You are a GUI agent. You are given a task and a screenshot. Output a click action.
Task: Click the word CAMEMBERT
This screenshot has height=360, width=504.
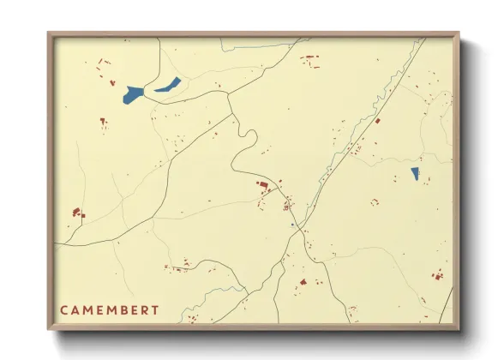(x=109, y=309)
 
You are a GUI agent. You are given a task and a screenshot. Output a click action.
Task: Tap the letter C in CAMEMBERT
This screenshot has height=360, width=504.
(x=64, y=309)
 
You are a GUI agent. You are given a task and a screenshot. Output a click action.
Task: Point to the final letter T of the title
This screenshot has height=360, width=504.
(x=154, y=309)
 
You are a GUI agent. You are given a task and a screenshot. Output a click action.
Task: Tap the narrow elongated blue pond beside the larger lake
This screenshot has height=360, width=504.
(x=168, y=84)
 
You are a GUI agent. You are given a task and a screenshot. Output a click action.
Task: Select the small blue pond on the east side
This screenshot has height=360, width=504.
(x=415, y=173)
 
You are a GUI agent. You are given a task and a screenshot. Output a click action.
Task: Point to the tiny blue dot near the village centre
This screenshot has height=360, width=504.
(x=292, y=225)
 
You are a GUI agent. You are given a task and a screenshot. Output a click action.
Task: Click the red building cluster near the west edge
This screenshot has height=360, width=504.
(x=76, y=211)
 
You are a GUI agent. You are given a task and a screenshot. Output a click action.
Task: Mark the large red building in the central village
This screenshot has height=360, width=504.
(x=263, y=183)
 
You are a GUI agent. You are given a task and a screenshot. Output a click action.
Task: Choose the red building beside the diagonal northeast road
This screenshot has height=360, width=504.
(x=376, y=121)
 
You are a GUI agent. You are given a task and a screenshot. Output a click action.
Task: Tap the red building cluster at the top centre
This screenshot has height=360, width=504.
(x=309, y=59)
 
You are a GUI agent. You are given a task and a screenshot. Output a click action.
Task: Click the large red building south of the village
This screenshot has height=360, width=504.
(x=302, y=282)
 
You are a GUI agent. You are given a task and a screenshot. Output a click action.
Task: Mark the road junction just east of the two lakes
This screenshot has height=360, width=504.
(x=228, y=94)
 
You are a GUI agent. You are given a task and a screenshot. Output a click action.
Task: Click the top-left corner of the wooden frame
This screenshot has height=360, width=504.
(x=49, y=34)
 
